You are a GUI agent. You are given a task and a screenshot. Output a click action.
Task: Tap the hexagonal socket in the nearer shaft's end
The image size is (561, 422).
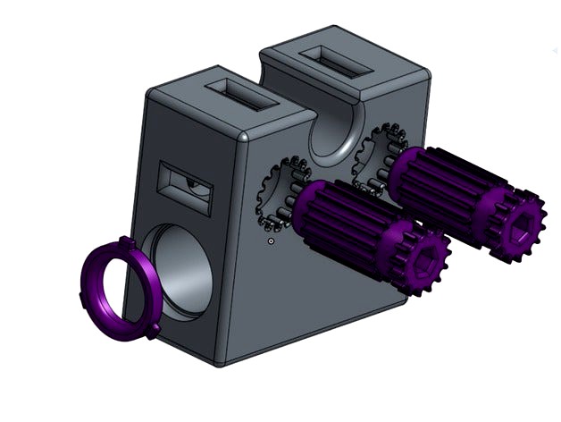pos(420,259)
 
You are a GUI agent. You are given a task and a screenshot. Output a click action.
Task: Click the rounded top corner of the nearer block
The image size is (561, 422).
pos(243,137)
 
